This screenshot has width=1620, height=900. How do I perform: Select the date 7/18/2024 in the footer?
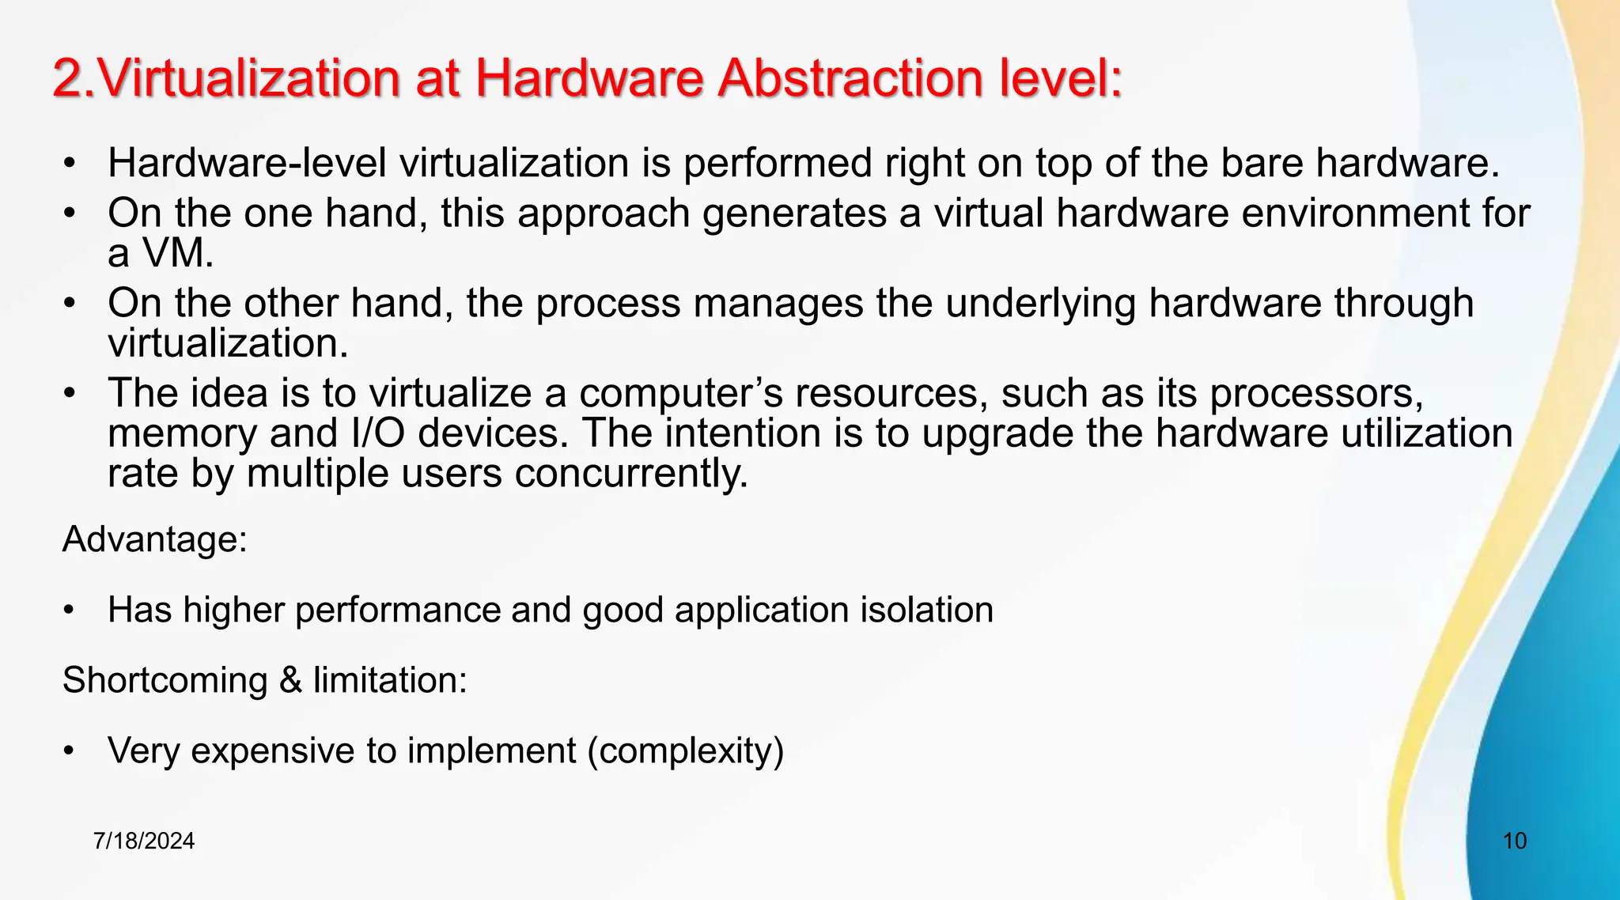143,841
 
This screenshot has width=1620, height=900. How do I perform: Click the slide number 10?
1514,841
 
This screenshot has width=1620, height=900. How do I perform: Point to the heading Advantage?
155,539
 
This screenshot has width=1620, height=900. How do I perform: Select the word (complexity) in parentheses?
685,751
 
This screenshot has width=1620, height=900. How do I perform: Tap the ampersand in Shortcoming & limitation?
290,680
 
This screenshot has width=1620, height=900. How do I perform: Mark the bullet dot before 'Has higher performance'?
70,611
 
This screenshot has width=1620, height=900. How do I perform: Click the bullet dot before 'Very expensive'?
70,751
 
